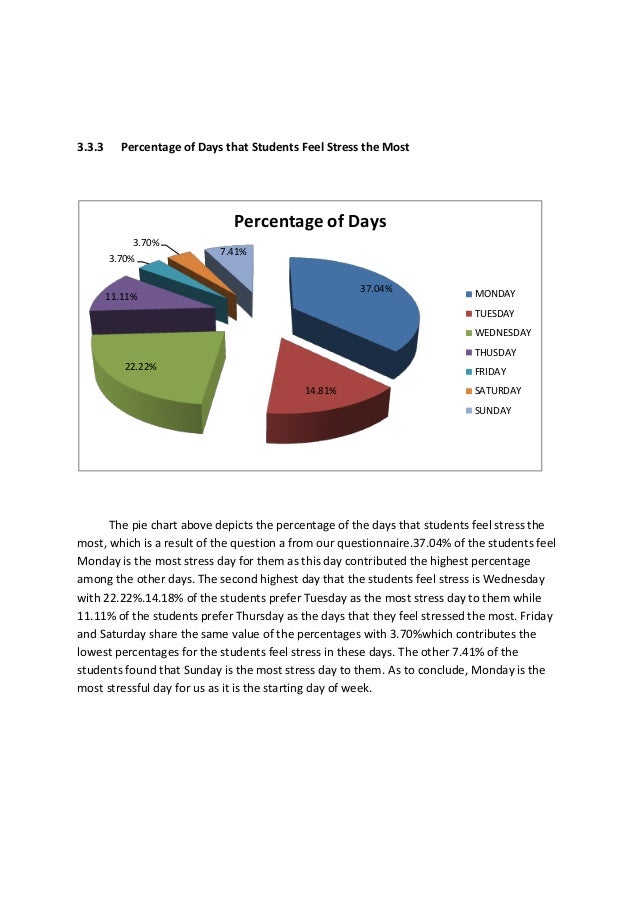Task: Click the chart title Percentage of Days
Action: point(310,222)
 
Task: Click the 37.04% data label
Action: point(376,288)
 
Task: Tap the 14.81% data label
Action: point(321,390)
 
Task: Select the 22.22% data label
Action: point(141,367)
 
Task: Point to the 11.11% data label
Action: point(121,297)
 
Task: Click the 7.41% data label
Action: point(233,252)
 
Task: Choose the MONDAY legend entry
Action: point(495,294)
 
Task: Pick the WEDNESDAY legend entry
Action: point(503,333)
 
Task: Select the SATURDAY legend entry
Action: point(498,391)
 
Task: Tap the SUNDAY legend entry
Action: point(493,411)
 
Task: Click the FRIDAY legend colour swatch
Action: point(468,372)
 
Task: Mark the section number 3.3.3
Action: point(91,148)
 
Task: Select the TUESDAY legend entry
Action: point(495,314)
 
